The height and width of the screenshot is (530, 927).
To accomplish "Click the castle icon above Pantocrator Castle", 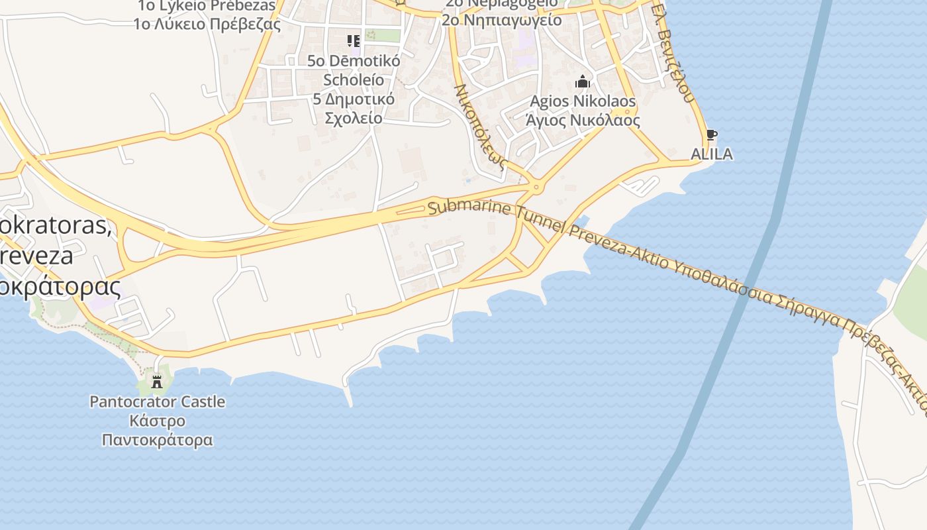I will tap(157, 382).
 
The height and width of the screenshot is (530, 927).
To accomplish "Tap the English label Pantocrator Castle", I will tap(157, 401).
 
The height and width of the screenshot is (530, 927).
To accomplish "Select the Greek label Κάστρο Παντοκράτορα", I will tap(157, 431).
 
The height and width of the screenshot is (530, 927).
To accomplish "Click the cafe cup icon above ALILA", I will tap(712, 135).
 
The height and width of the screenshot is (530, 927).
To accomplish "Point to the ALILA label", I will tap(712, 154).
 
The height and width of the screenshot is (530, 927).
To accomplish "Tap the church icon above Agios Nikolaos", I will tap(583, 81).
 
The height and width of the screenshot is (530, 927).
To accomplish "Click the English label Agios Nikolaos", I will tap(583, 101).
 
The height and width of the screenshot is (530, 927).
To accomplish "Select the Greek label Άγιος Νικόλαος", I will tap(583, 121).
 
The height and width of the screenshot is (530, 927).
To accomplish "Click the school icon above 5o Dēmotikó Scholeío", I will tap(354, 41).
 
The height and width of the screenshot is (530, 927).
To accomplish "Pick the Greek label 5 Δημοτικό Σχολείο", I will tap(354, 109).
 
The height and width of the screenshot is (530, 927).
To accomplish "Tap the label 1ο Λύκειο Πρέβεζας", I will tap(207, 25).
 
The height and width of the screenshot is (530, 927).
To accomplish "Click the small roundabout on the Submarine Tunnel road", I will tap(537, 188).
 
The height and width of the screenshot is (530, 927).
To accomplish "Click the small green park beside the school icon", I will tap(383, 36).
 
